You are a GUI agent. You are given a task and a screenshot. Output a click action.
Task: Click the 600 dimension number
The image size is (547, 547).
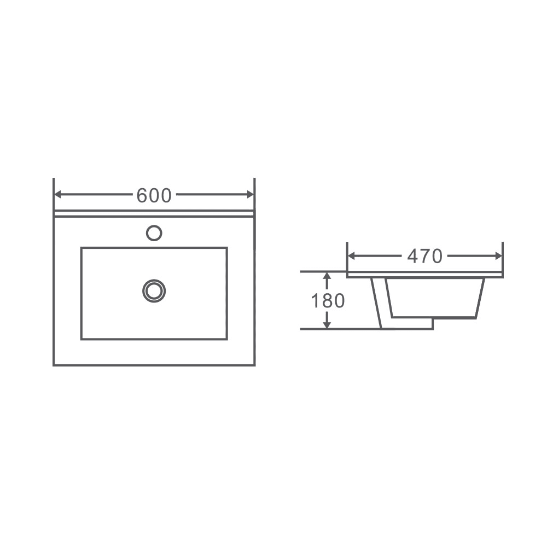(154, 195)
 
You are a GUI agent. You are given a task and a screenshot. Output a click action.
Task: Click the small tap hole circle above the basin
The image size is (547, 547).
(154, 233)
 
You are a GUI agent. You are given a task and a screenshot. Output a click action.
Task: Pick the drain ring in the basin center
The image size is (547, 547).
(154, 290)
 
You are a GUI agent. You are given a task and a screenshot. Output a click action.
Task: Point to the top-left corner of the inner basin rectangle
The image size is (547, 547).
(82, 248)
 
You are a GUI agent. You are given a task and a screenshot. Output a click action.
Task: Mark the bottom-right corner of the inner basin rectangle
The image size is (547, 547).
(226, 339)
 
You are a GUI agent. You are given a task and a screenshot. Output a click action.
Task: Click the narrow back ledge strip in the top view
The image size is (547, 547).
(154, 213)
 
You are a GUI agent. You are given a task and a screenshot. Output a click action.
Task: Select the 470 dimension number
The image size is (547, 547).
(424, 256)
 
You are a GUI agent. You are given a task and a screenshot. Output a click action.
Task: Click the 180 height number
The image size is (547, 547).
(328, 301)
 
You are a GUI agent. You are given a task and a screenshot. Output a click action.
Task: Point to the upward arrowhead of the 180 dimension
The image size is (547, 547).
(327, 277)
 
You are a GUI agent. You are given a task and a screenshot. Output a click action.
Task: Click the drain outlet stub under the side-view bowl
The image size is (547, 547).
(410, 323)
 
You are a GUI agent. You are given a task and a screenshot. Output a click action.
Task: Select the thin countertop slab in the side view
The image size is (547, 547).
(424, 275)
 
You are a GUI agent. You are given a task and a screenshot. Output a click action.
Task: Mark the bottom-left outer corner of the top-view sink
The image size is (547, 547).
(54, 365)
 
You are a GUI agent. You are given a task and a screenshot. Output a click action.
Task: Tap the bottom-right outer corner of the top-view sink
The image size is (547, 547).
(255, 365)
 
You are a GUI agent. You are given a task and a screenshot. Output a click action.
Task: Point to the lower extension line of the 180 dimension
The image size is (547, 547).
(339, 329)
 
